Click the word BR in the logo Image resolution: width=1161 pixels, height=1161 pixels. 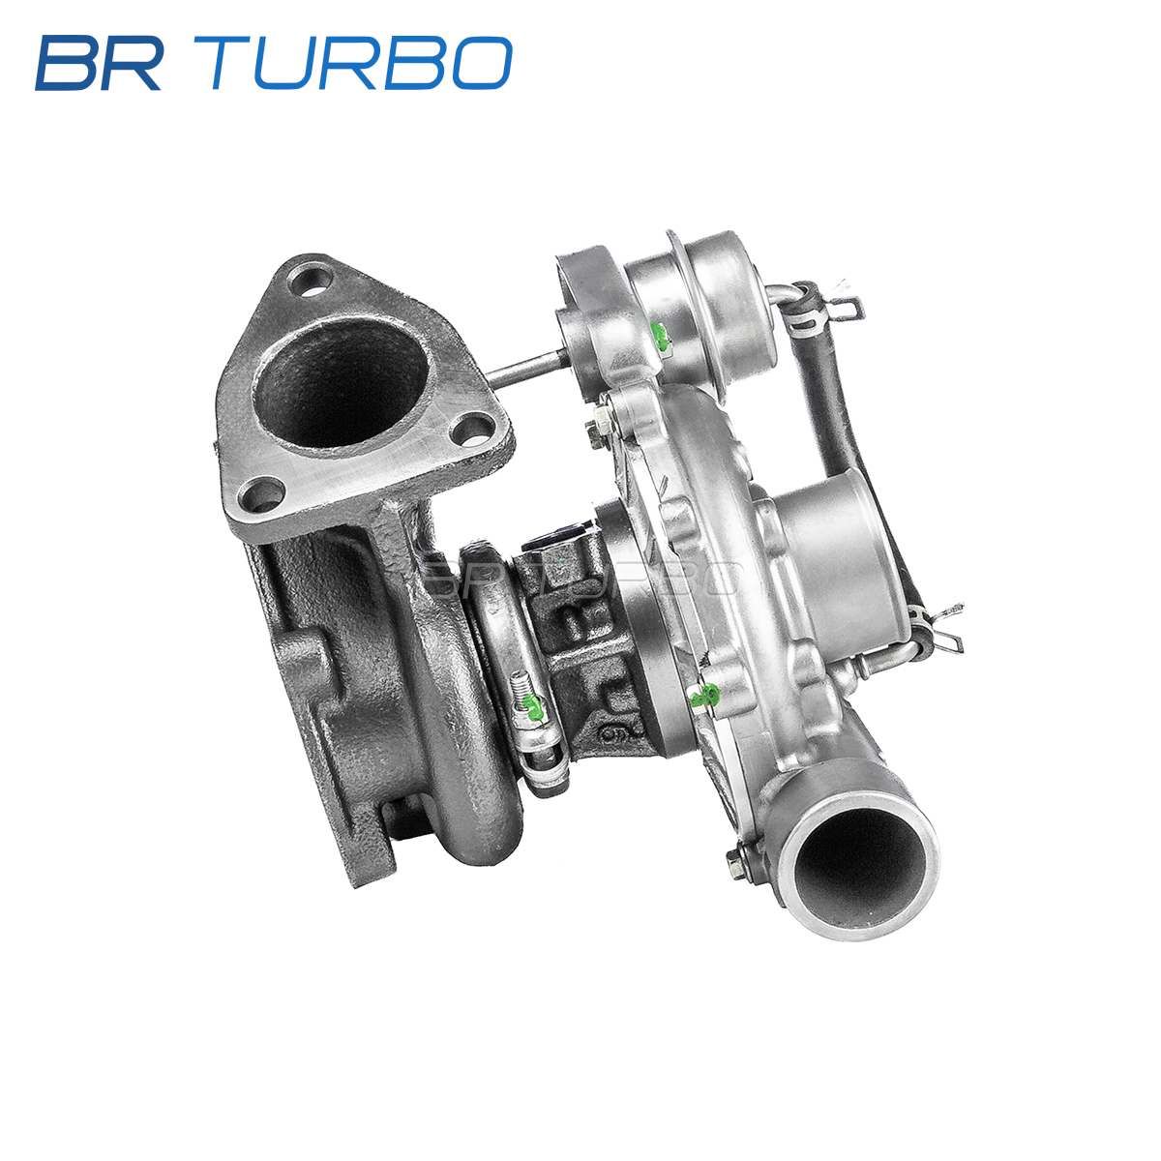99,63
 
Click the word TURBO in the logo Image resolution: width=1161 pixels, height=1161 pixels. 353,63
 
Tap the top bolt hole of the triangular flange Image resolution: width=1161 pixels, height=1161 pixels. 310,281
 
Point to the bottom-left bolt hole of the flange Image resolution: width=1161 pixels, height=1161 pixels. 260,495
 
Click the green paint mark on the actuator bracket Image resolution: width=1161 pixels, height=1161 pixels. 661,336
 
